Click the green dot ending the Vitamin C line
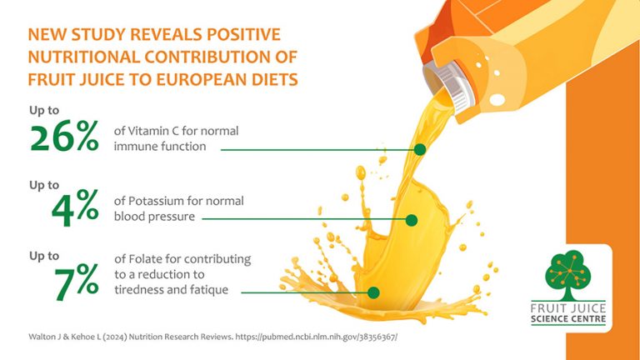420,150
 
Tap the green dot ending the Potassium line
411,220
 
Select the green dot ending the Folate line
374,292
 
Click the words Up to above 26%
44,110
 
